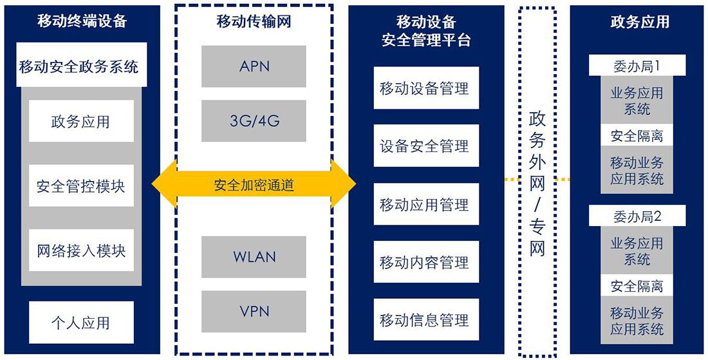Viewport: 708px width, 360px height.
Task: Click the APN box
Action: [x=254, y=66]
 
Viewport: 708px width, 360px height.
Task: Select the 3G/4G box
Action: [x=254, y=120]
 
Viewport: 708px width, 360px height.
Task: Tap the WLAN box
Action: [x=254, y=257]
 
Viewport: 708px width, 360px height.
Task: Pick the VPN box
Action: [x=254, y=312]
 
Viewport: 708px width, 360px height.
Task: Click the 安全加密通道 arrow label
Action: [x=254, y=185]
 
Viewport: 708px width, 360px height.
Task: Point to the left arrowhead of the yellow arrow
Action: [x=163, y=185]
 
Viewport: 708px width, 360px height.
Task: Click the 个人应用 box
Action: [x=81, y=323]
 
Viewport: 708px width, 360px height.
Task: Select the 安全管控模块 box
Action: [x=81, y=186]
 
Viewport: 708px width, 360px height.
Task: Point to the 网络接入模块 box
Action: [x=81, y=251]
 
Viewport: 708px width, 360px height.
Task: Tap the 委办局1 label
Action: [x=637, y=66]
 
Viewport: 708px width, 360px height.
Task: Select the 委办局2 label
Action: [x=637, y=216]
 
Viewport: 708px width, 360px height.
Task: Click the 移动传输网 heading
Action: [x=254, y=21]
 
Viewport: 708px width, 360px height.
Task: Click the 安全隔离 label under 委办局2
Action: [x=637, y=287]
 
